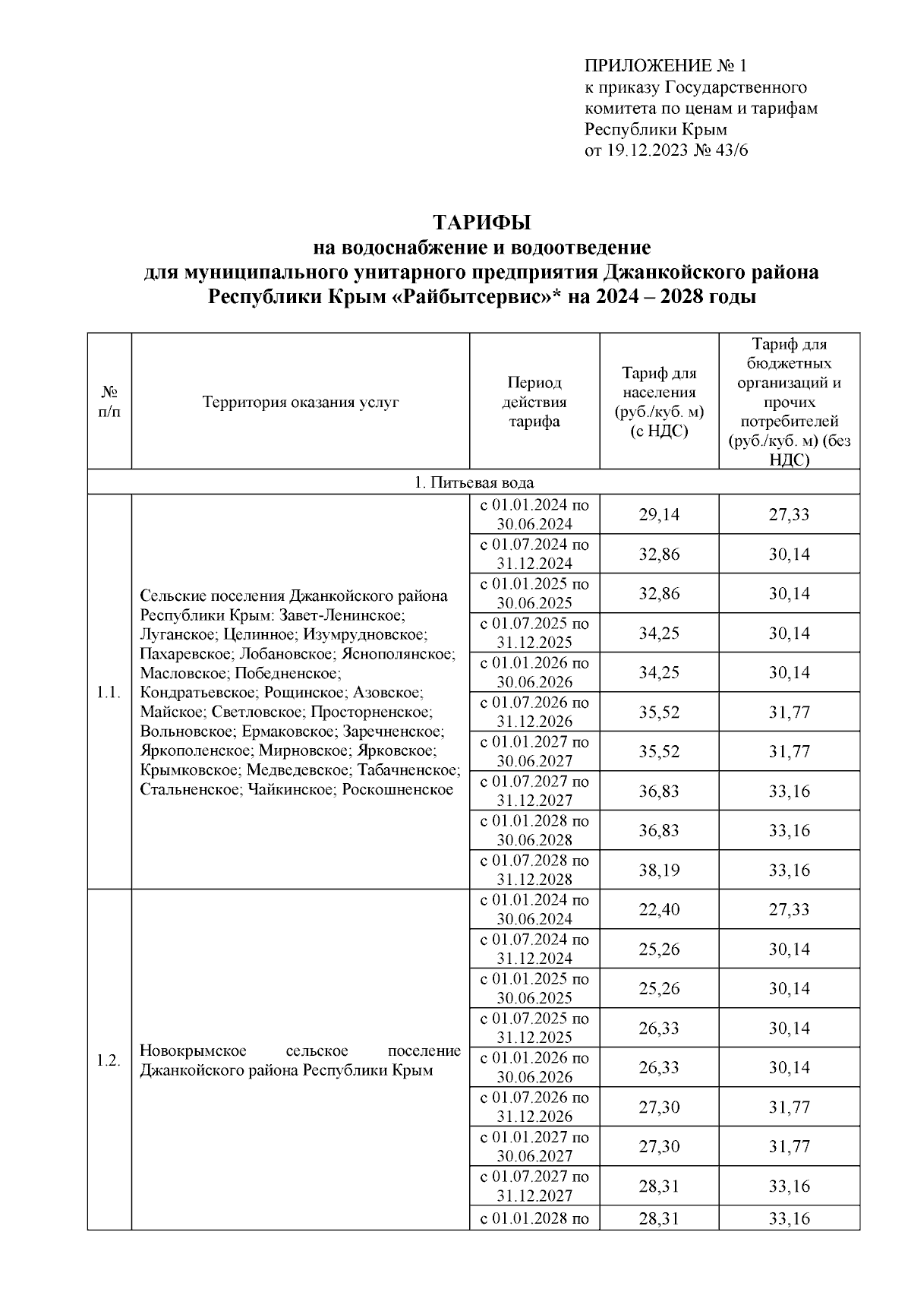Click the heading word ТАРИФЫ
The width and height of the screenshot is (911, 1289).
point(481,223)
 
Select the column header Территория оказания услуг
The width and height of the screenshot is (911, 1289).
point(301,403)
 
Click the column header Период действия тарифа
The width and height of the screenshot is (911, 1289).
point(534,402)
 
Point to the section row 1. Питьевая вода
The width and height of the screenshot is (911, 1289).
point(474,482)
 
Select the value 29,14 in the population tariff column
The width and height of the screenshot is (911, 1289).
point(659,515)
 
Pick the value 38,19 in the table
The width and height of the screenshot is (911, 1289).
point(659,870)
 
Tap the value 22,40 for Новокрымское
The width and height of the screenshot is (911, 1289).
point(659,910)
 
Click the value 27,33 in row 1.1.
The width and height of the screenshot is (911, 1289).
point(789,515)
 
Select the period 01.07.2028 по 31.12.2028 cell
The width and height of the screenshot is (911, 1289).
point(534,870)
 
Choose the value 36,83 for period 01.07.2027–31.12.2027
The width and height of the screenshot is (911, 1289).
point(659,791)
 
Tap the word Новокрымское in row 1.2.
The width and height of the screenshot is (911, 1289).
point(194,1051)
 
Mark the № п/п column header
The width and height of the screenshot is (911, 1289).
point(109,402)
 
